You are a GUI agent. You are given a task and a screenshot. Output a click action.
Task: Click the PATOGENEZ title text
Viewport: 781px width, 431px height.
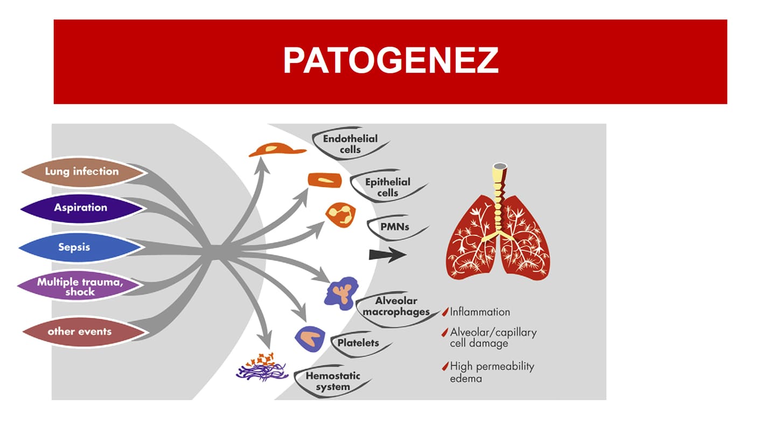390,60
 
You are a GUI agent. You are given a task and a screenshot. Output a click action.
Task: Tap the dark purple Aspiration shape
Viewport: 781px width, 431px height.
81,208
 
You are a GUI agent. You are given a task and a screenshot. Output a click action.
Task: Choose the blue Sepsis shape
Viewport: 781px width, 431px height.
80,247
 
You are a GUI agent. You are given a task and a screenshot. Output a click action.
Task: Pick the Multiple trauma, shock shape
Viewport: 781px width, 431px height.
80,287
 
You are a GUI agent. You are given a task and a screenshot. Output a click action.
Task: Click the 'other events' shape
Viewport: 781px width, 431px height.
83,332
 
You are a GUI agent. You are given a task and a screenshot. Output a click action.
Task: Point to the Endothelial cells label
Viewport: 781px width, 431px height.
350,144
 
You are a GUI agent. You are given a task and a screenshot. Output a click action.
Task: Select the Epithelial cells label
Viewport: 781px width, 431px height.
388,187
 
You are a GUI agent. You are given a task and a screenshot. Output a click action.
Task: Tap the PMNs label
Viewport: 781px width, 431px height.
395,227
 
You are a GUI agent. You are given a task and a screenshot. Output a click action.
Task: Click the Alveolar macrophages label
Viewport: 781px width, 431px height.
396,306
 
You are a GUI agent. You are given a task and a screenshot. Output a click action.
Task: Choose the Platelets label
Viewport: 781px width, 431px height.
358,343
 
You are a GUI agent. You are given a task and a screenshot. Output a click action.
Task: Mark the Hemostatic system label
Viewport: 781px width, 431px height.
333,381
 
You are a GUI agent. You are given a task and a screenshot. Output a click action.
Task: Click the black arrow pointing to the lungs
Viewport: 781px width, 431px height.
388,254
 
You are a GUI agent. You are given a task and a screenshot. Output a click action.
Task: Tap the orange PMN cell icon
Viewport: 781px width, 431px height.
340,215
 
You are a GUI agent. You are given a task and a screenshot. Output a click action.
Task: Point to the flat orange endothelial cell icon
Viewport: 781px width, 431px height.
277,149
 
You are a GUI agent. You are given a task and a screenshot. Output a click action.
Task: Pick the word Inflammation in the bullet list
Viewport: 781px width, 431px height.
480,312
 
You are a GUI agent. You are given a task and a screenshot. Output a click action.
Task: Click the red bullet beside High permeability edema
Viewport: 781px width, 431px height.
445,366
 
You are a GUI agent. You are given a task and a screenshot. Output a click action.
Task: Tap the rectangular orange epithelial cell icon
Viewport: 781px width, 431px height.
325,180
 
